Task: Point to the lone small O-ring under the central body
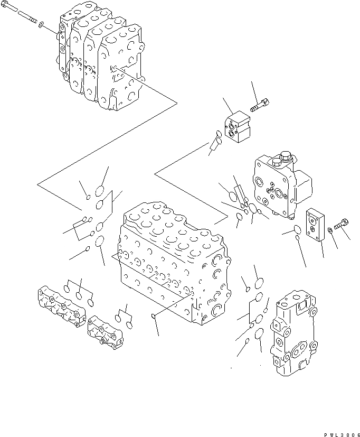click(x=153, y=316)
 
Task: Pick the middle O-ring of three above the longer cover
click(x=79, y=296)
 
